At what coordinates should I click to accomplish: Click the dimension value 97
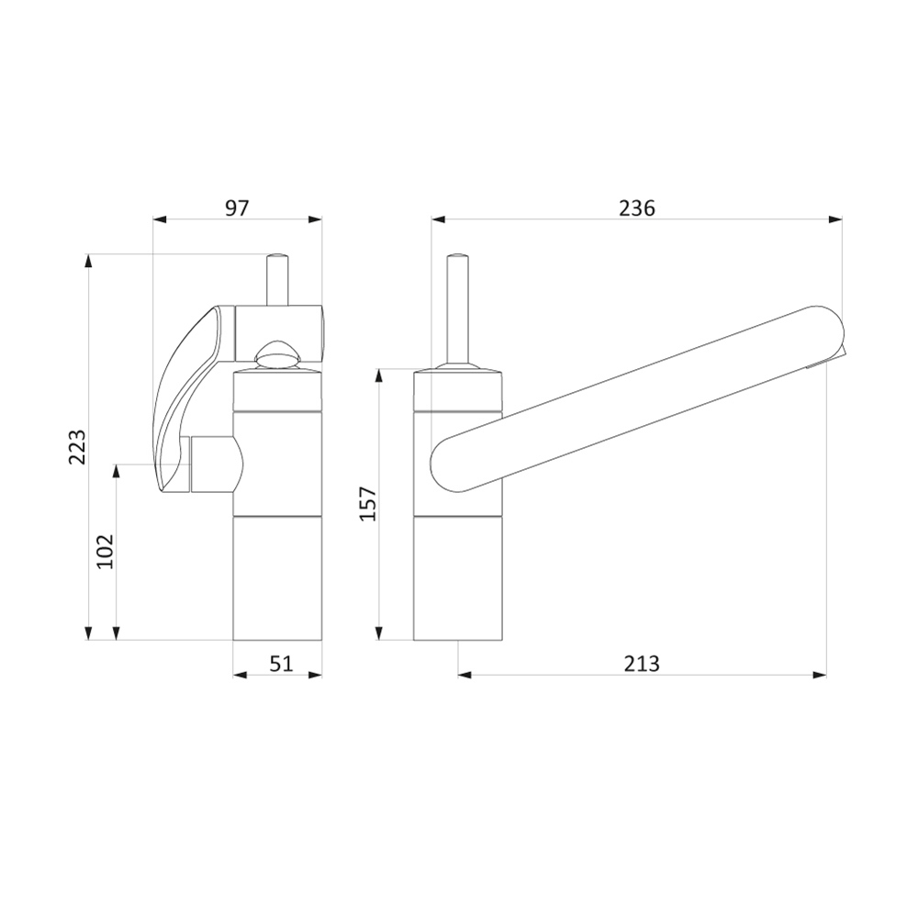(237, 208)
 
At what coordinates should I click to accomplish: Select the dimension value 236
(637, 208)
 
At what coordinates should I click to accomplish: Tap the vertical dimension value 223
(78, 447)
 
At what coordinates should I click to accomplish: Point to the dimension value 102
(106, 551)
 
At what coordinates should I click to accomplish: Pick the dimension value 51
(281, 664)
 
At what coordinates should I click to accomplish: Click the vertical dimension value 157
(368, 503)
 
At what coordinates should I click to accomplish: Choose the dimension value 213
(642, 664)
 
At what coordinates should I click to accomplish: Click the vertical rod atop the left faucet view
(276, 280)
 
